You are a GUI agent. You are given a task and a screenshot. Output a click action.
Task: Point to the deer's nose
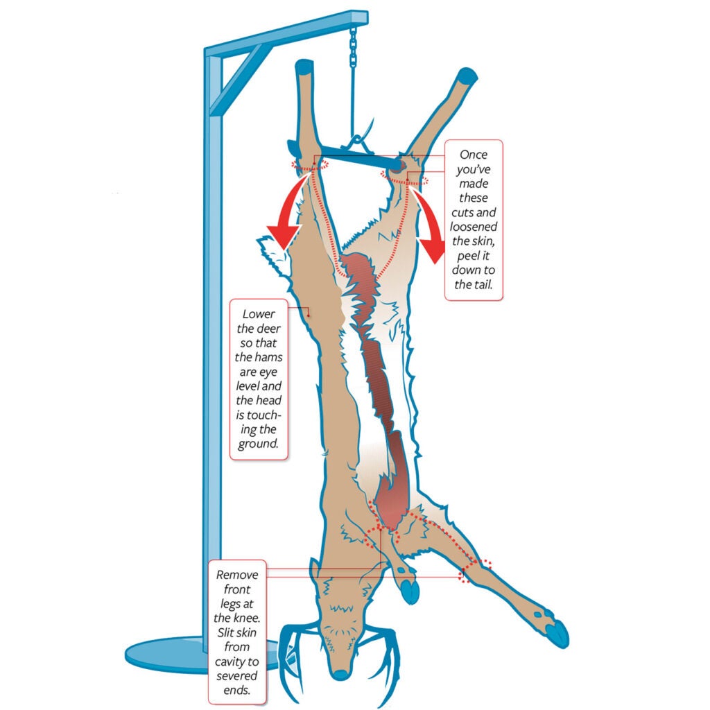(340, 674)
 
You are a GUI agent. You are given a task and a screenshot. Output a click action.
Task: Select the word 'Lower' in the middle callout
(258, 314)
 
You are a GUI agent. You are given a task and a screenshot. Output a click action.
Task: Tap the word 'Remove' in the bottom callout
(237, 575)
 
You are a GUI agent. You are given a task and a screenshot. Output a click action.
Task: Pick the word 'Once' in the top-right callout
(474, 155)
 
